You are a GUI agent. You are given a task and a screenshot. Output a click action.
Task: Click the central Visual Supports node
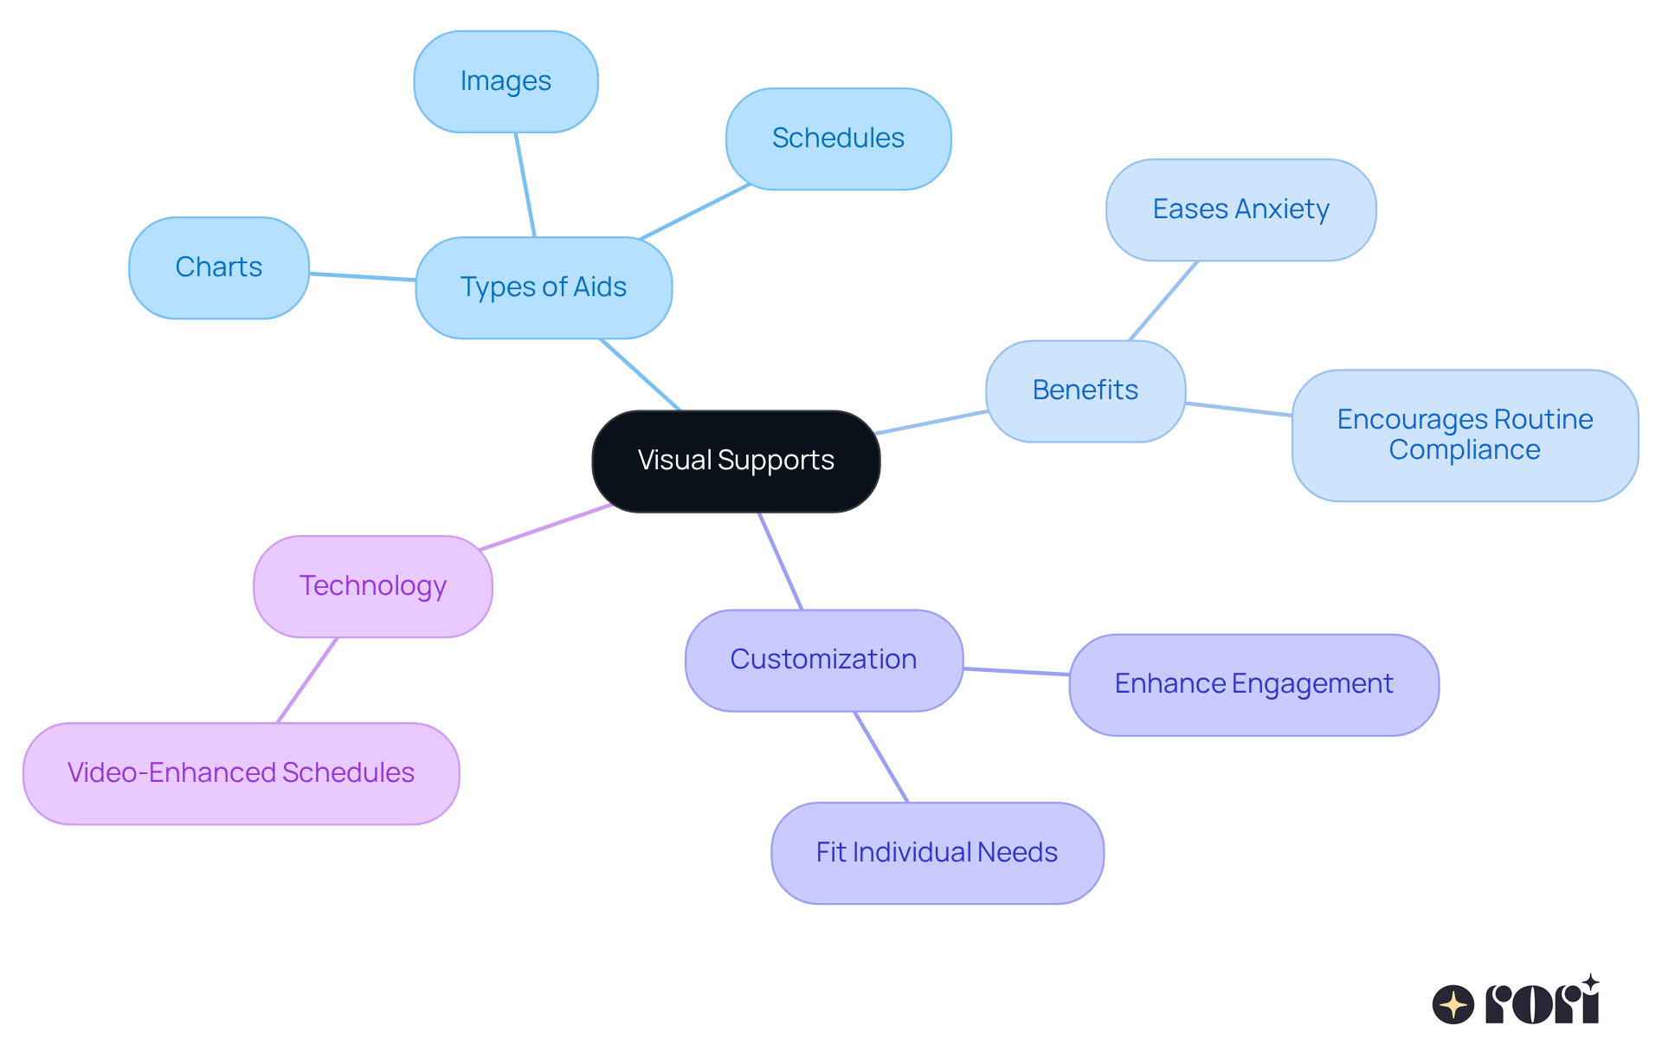click(736, 461)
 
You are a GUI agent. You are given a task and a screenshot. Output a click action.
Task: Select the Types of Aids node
click(544, 287)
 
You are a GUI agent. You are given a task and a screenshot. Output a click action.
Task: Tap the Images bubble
click(506, 81)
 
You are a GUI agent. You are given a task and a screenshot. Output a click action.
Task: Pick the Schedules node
click(838, 139)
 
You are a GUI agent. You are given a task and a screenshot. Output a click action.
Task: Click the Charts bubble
click(218, 268)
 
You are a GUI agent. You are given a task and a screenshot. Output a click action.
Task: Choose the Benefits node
click(1085, 390)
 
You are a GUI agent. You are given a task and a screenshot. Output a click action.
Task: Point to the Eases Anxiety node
click(1240, 210)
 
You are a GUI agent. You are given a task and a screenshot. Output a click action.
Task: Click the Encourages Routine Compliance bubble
click(1465, 435)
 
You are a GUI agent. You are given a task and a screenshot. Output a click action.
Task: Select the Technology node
click(372, 586)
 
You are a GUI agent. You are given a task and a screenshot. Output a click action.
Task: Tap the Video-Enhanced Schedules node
click(241, 773)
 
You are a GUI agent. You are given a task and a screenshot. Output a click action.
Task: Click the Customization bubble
click(823, 660)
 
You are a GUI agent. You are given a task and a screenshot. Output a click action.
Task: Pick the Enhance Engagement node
click(1253, 684)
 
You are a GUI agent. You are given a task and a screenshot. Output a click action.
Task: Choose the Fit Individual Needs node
click(937, 853)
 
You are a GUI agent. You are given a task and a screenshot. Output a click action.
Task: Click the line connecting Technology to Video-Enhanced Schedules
click(306, 681)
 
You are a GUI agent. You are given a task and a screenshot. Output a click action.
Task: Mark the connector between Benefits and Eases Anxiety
click(1163, 301)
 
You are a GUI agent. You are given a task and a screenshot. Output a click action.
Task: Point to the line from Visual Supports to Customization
click(781, 561)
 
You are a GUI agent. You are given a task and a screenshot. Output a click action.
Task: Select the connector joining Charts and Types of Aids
click(362, 277)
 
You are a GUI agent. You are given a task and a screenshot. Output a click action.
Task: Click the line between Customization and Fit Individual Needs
click(881, 757)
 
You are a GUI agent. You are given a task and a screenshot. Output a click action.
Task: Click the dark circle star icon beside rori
click(1453, 1004)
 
